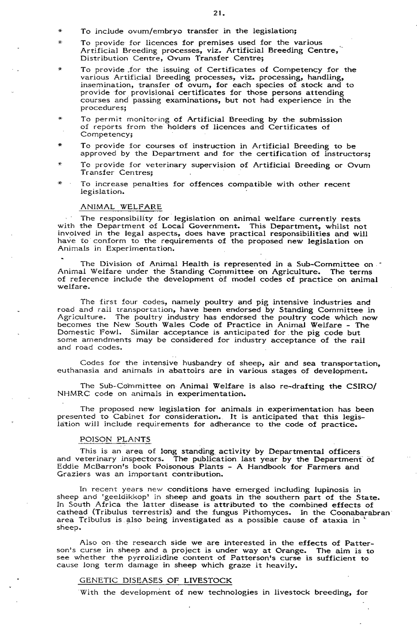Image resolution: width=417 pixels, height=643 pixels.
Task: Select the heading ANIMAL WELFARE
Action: [x=121, y=206]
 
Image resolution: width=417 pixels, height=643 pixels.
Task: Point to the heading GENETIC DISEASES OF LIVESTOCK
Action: [x=156, y=580]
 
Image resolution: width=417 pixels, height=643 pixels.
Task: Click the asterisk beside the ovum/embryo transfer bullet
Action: [x=60, y=32]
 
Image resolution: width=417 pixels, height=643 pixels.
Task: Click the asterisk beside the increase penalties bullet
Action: [x=60, y=184]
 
